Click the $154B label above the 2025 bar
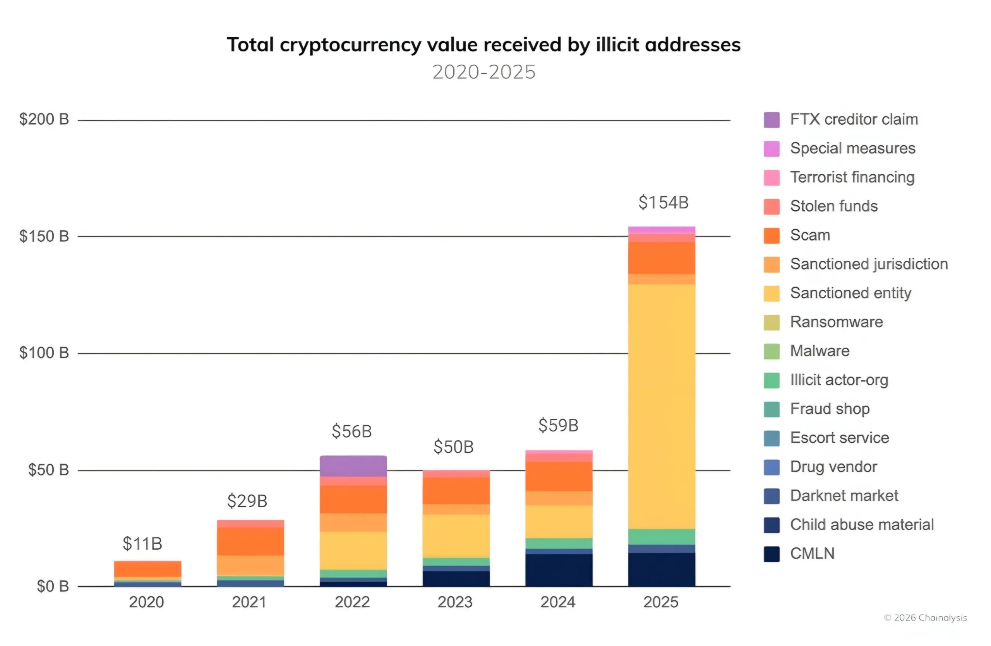point(663,203)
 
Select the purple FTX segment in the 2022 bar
point(353,466)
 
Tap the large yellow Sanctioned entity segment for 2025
point(662,406)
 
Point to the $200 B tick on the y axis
point(44,120)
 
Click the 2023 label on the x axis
point(455,602)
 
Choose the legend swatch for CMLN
point(771,554)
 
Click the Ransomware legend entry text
point(836,322)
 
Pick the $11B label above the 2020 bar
point(142,543)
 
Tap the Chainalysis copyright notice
point(925,618)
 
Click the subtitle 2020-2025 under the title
point(484,72)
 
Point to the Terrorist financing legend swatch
point(771,178)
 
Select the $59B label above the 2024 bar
point(558,425)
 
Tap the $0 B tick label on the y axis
point(53,586)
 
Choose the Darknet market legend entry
point(844,496)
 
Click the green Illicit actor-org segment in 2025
point(662,536)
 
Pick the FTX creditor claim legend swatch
point(771,120)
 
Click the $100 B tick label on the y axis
point(44,353)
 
